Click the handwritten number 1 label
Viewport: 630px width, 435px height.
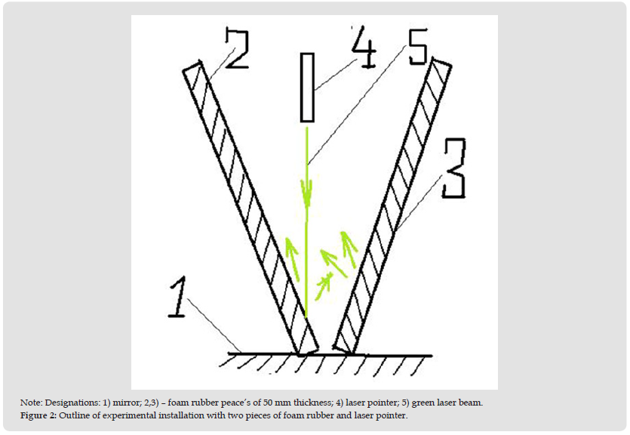[x=177, y=298]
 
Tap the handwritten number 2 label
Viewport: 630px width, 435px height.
[x=237, y=48]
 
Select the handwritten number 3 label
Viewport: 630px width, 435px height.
[x=454, y=168]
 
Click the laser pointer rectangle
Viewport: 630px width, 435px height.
[x=307, y=88]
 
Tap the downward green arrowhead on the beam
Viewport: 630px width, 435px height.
[x=307, y=191]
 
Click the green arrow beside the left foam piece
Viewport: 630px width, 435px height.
[x=292, y=258]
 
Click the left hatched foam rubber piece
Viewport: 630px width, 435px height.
[x=250, y=208]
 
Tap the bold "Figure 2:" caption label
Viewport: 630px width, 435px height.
[x=38, y=415]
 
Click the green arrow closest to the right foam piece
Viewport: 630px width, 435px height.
[x=349, y=249]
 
